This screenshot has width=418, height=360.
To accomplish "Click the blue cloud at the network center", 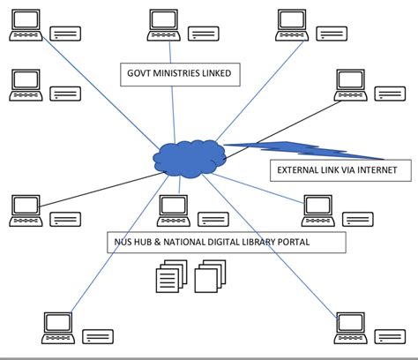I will [x=186, y=154].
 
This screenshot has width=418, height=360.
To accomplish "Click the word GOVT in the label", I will [x=141, y=74].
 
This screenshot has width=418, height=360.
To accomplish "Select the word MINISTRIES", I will [x=182, y=74].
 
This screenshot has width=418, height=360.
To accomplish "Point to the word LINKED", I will [x=221, y=74].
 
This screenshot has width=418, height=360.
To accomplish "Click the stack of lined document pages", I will [x=169, y=278].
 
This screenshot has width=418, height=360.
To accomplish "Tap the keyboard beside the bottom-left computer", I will [x=97, y=336].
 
